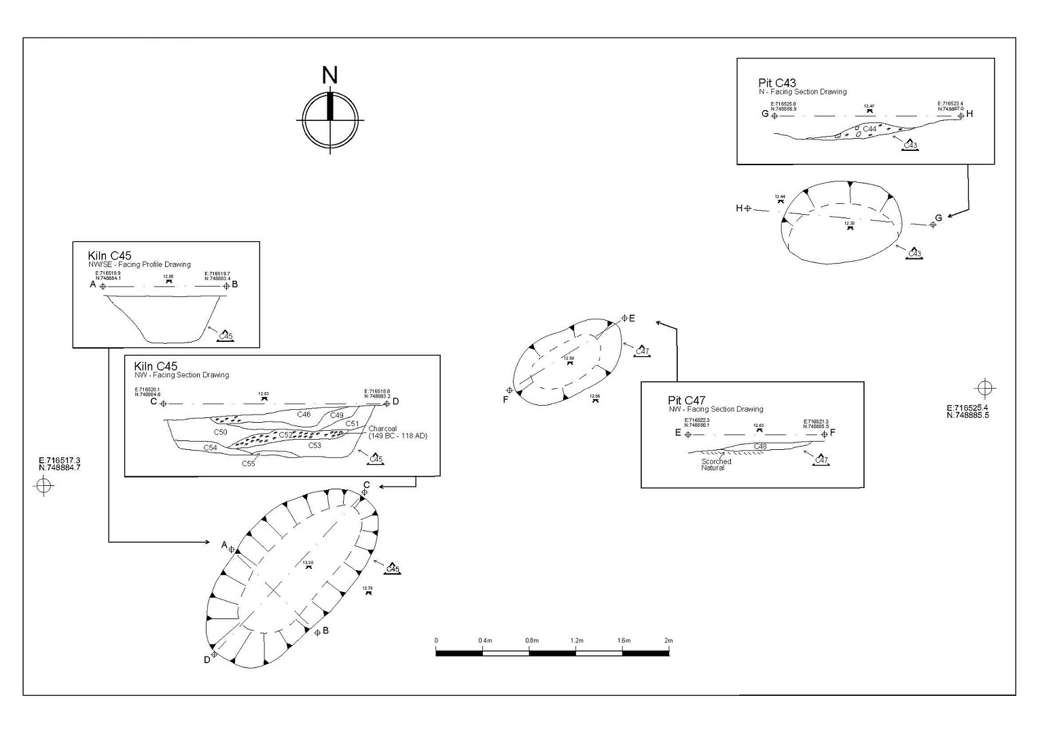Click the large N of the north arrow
point(329,75)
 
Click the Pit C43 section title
point(777,84)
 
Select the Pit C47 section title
point(686,400)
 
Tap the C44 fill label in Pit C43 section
point(870,128)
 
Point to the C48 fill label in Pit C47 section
point(760,447)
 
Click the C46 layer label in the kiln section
point(304,414)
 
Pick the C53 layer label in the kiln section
point(315,446)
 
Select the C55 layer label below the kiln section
point(249,464)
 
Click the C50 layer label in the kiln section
point(221,432)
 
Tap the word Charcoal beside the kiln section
point(382,429)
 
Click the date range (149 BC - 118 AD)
point(398,436)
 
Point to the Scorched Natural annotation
point(716,465)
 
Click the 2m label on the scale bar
point(668,640)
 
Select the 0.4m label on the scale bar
point(484,640)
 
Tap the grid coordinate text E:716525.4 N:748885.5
point(967,412)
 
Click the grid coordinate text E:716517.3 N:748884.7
point(60,464)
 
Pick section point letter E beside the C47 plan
point(632,318)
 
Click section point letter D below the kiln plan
point(207,660)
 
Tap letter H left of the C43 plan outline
point(739,208)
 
